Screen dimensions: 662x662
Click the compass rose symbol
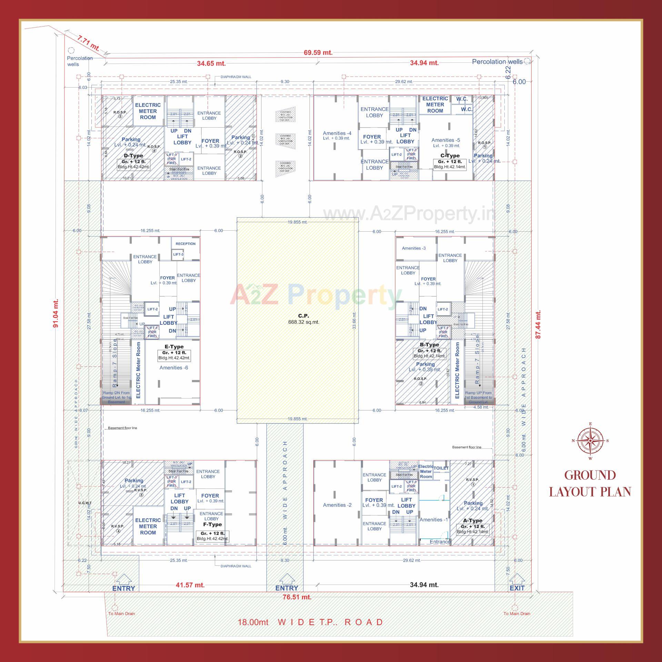click(590, 440)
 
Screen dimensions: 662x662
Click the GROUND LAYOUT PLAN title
click(590, 483)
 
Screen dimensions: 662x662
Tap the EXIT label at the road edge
click(517, 588)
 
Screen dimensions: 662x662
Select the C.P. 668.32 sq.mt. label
click(304, 319)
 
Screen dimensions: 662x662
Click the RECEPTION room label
click(185, 244)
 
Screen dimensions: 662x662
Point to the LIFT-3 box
click(178, 254)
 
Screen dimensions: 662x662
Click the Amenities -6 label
click(174, 368)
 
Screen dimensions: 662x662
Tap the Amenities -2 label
click(337, 505)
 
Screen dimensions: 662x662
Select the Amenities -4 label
click(337, 133)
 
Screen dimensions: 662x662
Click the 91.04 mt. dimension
click(56, 313)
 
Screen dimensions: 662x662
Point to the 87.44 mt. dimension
click(538, 324)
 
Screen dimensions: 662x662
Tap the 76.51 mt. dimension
click(297, 597)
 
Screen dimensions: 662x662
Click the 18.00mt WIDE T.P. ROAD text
click(310, 622)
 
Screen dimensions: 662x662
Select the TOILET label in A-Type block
click(441, 468)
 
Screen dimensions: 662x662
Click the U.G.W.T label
click(85, 503)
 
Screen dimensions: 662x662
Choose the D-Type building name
click(133, 156)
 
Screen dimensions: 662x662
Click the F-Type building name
click(212, 525)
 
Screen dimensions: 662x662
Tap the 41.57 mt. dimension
click(190, 585)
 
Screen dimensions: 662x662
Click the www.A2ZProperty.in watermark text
click(409, 214)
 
